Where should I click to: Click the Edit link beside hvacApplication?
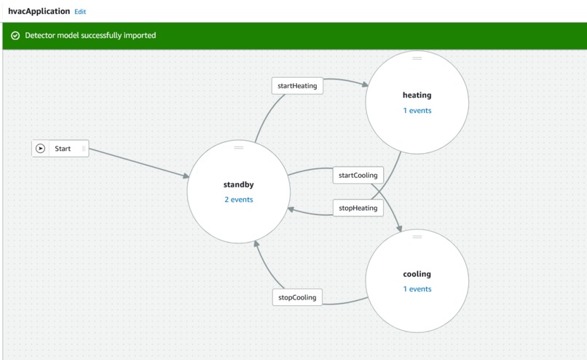tap(80, 12)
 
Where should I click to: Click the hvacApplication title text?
tap(39, 12)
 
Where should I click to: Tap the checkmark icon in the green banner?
tap(15, 36)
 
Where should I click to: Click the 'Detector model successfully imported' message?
tap(90, 36)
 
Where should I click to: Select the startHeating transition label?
tap(297, 85)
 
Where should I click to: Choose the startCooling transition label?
tap(358, 176)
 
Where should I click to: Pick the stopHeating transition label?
tap(358, 208)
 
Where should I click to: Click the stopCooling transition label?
tap(297, 297)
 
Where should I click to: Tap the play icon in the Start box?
tap(41, 149)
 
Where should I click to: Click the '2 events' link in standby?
tap(238, 199)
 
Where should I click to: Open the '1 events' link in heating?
tap(417, 111)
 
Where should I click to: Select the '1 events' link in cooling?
tap(417, 289)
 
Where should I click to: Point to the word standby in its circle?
tap(238, 184)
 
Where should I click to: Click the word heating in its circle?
tap(417, 95)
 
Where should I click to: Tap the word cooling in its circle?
tap(417, 274)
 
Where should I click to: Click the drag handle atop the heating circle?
tap(417, 58)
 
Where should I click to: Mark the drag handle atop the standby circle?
tap(238, 148)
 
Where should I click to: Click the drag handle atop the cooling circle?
tap(417, 237)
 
